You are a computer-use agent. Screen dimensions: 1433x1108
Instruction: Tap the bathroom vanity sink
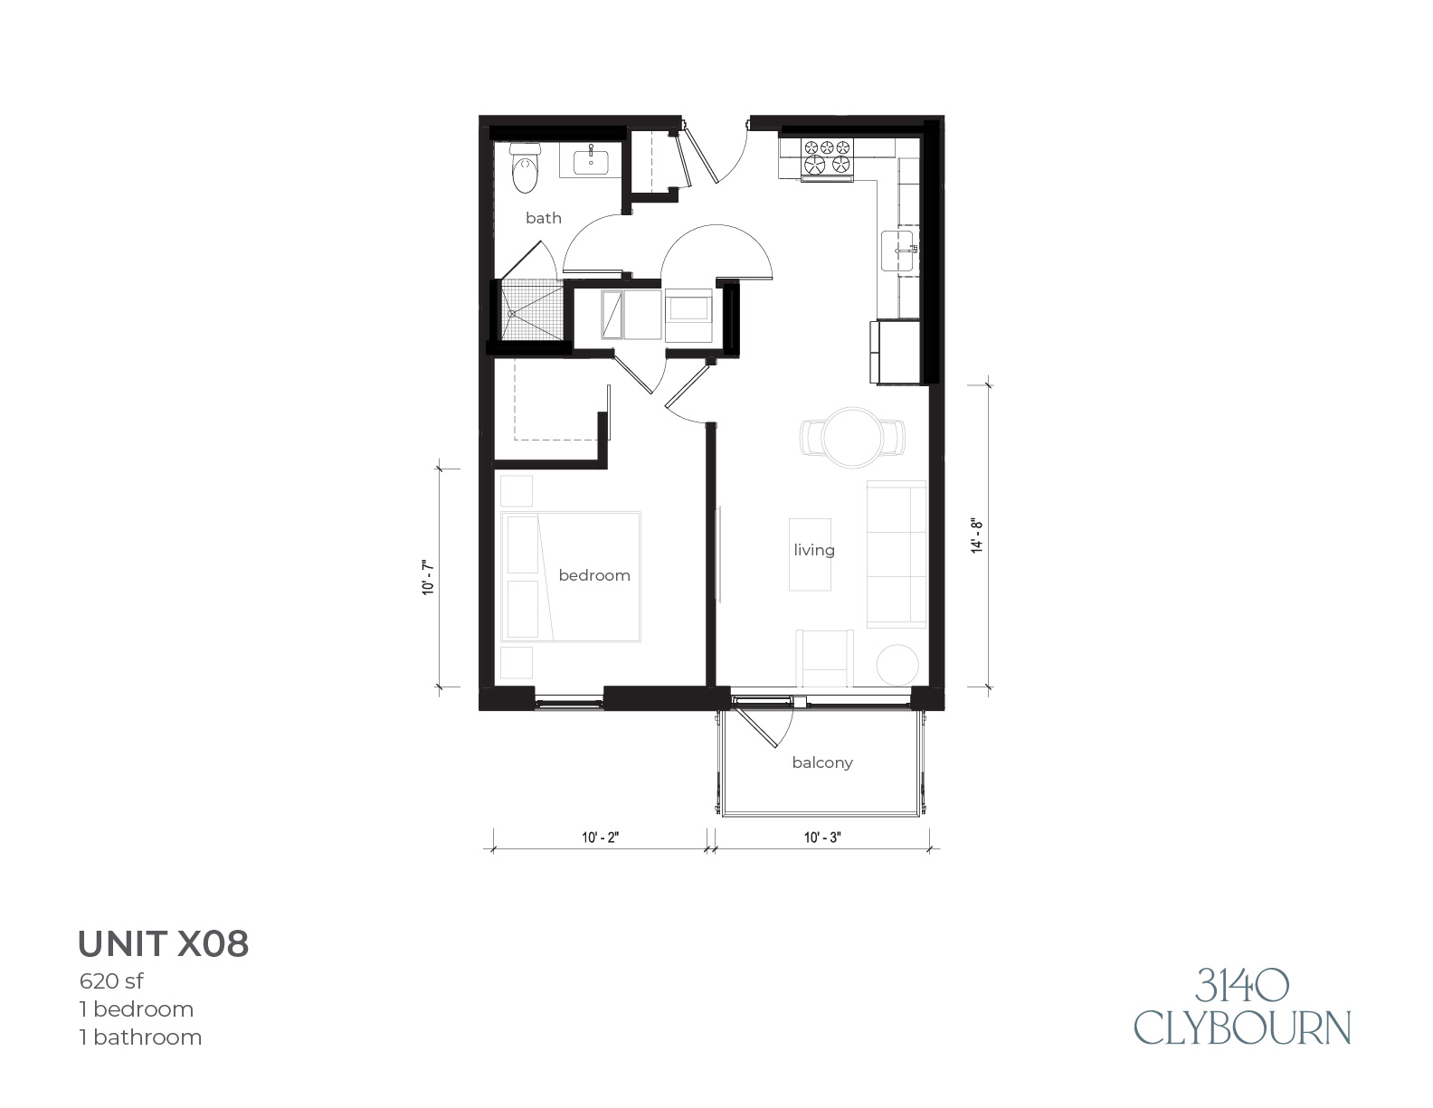tap(591, 161)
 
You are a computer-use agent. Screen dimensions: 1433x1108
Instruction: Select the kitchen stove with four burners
tap(826, 159)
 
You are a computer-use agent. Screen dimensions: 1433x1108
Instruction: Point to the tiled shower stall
tap(532, 310)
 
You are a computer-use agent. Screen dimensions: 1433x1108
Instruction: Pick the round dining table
tap(853, 437)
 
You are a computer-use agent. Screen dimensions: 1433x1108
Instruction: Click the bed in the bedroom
tap(571, 576)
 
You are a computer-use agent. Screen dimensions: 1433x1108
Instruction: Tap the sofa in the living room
tap(897, 554)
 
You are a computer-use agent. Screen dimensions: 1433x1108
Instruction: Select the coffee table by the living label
tap(810, 554)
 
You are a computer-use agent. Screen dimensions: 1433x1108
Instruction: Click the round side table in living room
tap(897, 665)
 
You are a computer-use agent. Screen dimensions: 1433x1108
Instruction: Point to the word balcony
tap(822, 762)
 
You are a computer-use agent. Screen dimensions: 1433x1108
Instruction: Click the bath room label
tap(544, 217)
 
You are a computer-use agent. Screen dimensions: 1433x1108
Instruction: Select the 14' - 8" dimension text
tap(977, 536)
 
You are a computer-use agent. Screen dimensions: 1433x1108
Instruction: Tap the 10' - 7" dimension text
tap(428, 578)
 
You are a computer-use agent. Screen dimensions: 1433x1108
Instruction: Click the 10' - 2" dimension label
tap(600, 837)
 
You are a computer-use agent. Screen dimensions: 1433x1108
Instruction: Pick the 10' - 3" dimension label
tap(822, 837)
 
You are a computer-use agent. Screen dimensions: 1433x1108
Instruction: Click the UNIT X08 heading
tap(164, 943)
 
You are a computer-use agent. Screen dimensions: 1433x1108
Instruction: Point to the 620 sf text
tap(110, 980)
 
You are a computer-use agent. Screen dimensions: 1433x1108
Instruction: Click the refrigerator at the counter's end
tap(895, 351)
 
